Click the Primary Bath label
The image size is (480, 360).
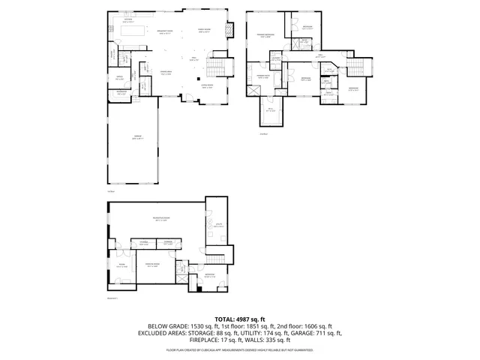click(x=263, y=76)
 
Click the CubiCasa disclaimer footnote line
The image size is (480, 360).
click(x=240, y=349)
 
